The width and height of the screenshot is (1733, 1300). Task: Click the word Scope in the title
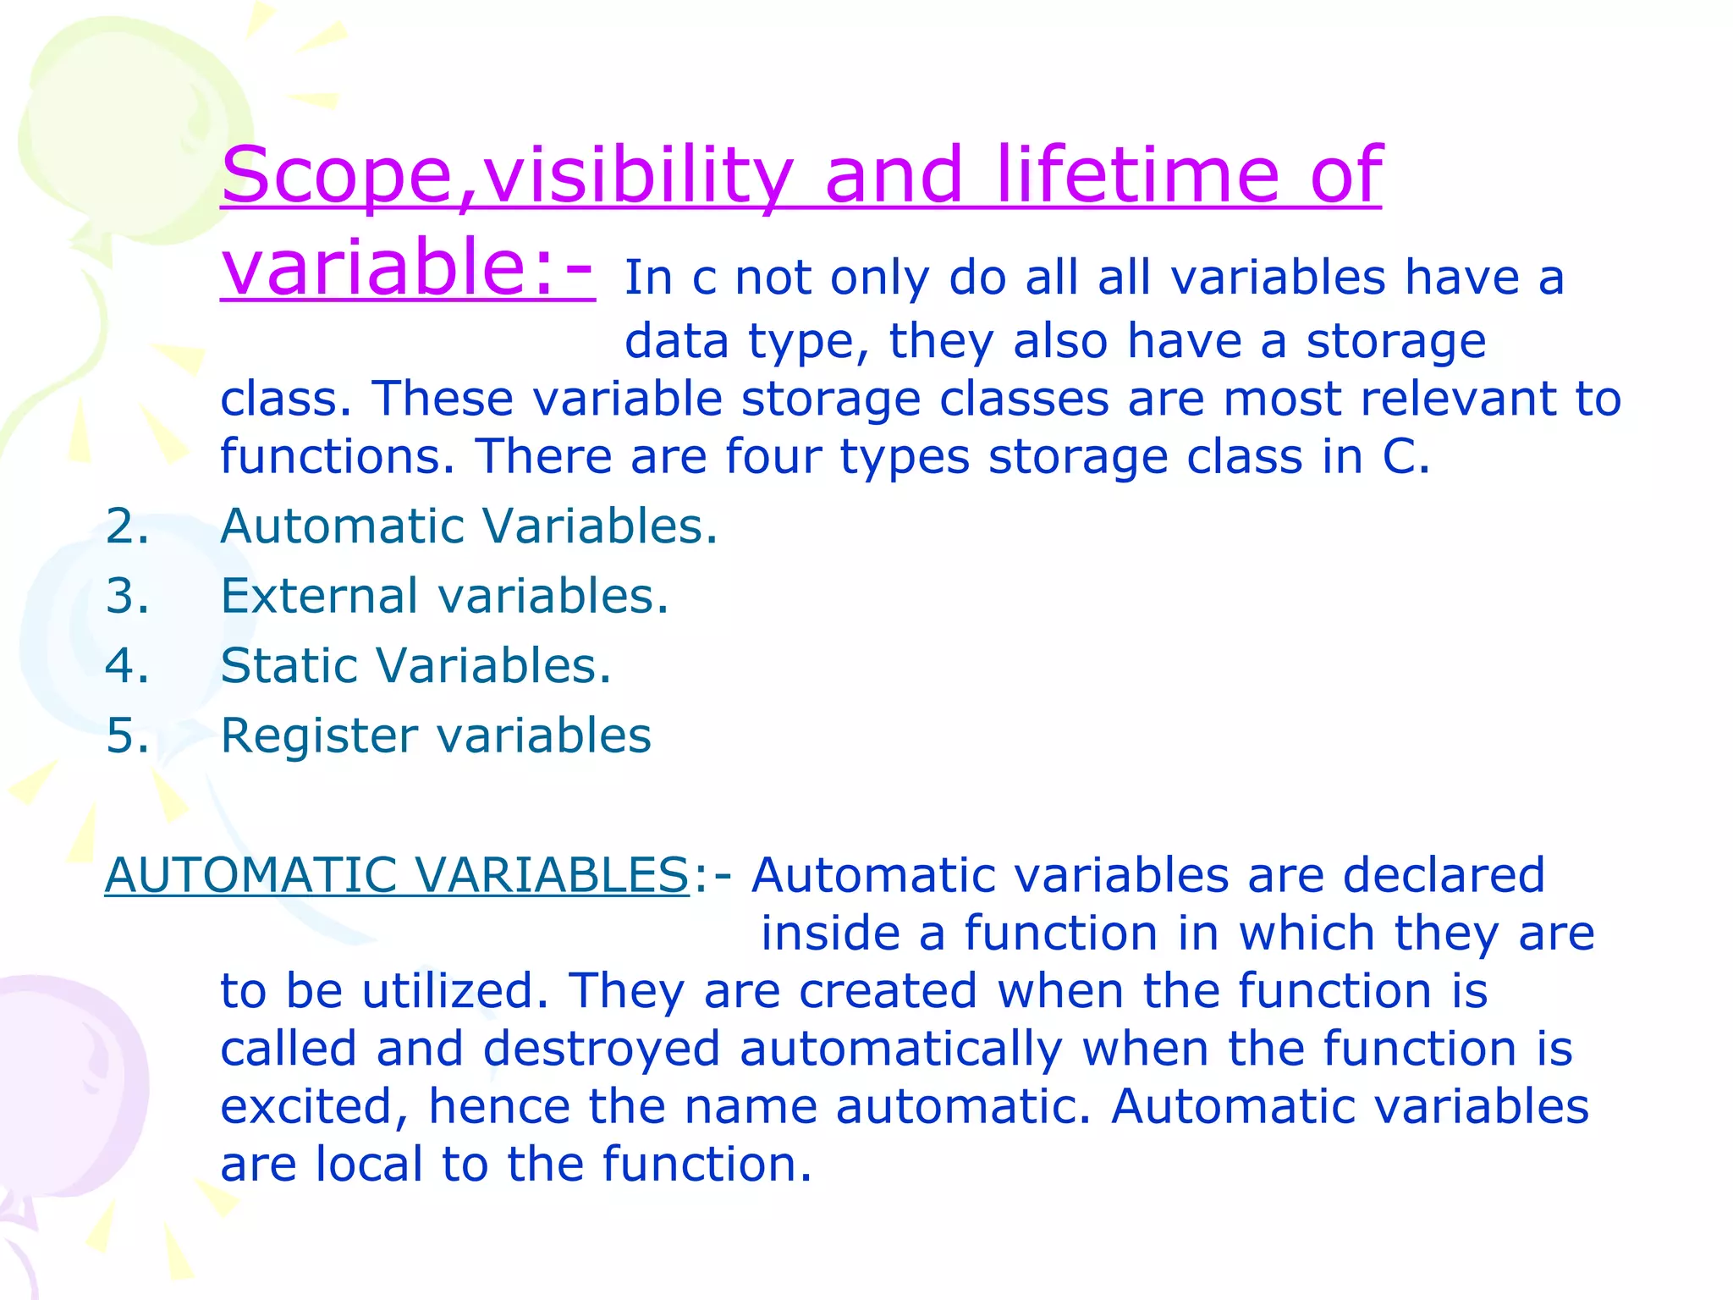tap(337, 176)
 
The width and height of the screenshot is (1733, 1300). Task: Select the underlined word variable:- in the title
tap(408, 267)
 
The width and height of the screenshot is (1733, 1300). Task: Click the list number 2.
tap(127, 526)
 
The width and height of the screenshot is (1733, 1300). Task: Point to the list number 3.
tap(127, 596)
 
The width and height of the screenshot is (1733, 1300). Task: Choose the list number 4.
tap(127, 665)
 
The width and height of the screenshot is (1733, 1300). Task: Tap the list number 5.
tap(127, 735)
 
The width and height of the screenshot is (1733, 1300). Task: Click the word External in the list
tap(319, 596)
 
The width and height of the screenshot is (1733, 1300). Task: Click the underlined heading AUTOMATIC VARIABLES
tap(397, 875)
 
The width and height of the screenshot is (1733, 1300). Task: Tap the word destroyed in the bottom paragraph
tap(601, 1049)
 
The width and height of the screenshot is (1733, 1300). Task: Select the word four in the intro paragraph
tap(773, 457)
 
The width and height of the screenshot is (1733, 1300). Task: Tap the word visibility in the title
tap(636, 176)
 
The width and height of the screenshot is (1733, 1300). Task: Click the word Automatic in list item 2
tap(341, 526)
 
